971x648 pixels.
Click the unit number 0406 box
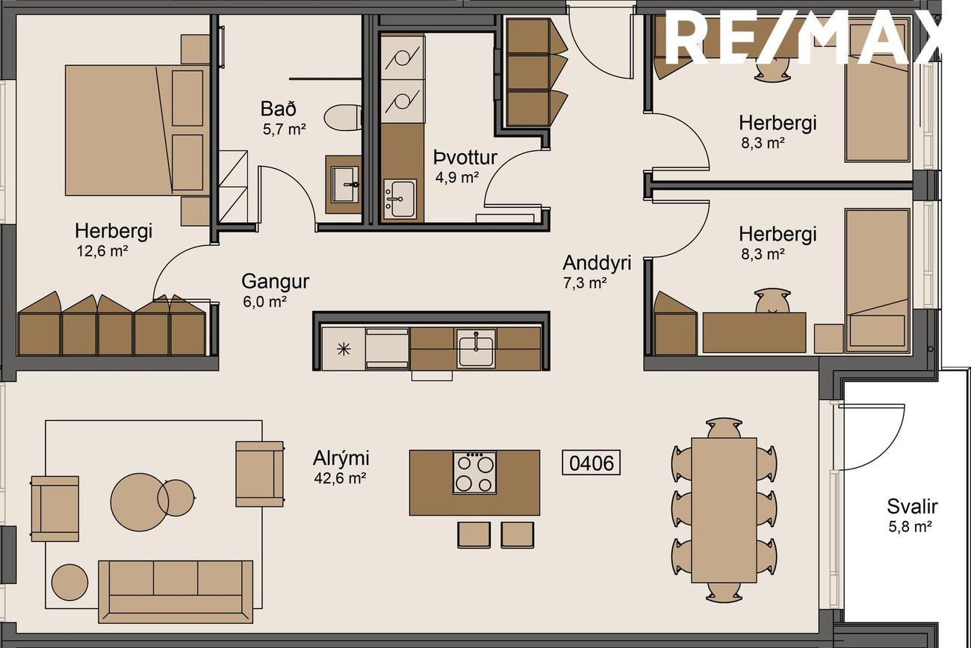[x=591, y=463]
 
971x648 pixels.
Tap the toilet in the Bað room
[x=342, y=117]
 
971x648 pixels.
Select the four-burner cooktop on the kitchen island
[x=474, y=472]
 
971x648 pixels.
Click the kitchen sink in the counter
[x=476, y=348]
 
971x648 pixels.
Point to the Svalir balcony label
[x=913, y=507]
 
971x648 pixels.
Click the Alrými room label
[x=341, y=458]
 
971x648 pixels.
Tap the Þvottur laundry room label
[x=465, y=158]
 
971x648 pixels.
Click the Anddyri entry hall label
[x=597, y=263]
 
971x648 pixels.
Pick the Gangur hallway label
[x=276, y=282]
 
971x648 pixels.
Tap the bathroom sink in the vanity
[x=345, y=185]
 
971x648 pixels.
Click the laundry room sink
[x=400, y=199]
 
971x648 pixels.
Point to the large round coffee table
[x=140, y=502]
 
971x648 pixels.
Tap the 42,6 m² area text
[x=340, y=478]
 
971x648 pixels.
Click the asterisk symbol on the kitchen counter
[x=344, y=349]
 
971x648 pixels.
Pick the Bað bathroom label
[x=279, y=108]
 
